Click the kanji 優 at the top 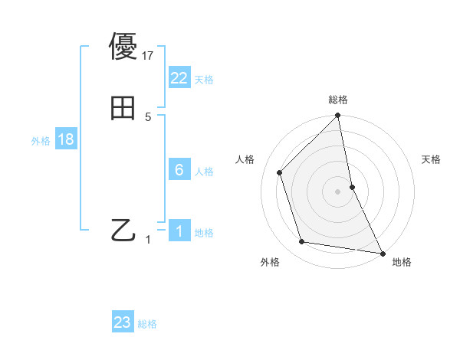[x=123, y=47]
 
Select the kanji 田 [x=123, y=108]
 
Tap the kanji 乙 [x=123, y=229]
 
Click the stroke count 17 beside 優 [x=149, y=55]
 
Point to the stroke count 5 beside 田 [x=148, y=116]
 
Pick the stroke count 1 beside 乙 [x=148, y=239]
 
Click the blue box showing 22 [x=179, y=78]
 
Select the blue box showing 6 [x=179, y=170]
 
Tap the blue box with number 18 [x=65, y=139]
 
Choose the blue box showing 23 [x=123, y=322]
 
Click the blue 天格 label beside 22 [x=204, y=80]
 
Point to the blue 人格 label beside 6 [x=204, y=172]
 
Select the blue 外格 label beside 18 [x=41, y=141]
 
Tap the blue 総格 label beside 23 [x=147, y=324]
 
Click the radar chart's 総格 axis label [x=338, y=100]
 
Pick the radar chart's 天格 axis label [x=431, y=159]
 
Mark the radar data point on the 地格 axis [x=382, y=253]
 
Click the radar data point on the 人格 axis [x=280, y=172]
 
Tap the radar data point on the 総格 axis [x=338, y=116]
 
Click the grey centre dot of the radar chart [x=338, y=191]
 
